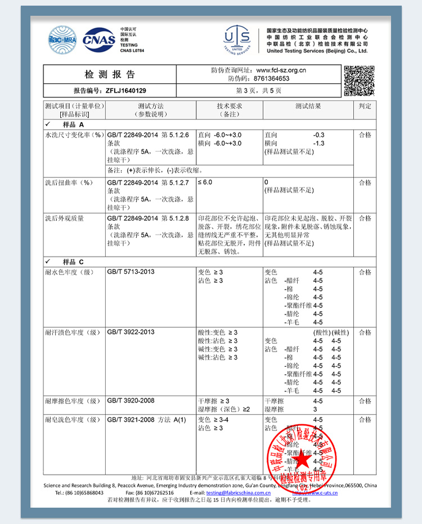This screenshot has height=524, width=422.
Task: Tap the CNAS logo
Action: tap(98, 39)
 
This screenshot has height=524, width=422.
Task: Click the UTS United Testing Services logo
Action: tap(236, 39)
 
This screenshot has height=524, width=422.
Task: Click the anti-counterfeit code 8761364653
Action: tap(272, 79)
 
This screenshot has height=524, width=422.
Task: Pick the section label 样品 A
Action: tap(73, 124)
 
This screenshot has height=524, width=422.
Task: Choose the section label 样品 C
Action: tap(73, 262)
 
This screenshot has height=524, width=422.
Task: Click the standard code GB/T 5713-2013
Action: tap(131, 272)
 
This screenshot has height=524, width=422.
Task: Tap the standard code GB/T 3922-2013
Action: tap(131, 332)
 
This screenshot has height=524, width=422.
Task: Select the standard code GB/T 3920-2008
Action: tap(131, 401)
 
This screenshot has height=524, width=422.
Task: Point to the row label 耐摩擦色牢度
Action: tap(72, 401)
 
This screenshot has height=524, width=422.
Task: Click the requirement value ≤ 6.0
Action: tap(205, 183)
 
